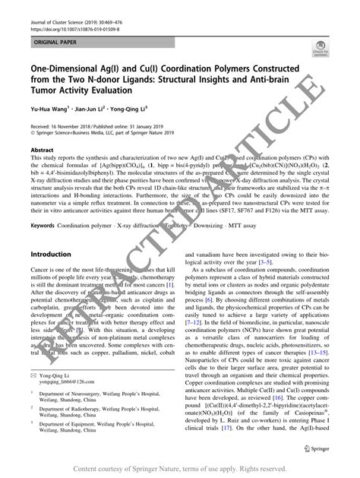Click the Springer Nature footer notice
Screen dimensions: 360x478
[180, 469]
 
